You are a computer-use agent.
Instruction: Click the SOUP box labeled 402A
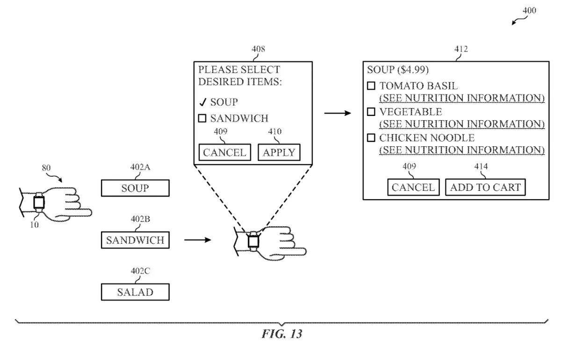point(135,188)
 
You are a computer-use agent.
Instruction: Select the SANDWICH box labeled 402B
point(135,240)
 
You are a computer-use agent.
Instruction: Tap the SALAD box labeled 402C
point(135,292)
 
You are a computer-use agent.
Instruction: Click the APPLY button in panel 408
point(279,152)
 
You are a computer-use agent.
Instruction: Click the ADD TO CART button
point(485,187)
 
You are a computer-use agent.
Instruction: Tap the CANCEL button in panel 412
point(413,187)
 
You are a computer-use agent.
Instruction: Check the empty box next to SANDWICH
point(202,118)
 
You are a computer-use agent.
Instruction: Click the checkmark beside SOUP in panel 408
point(202,102)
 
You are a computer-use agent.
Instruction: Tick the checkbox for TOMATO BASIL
point(371,86)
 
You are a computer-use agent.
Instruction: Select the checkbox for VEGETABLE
point(371,112)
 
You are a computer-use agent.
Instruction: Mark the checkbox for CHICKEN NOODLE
point(371,138)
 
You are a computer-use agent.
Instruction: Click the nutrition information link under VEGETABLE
point(462,124)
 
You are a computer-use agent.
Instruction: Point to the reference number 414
point(482,166)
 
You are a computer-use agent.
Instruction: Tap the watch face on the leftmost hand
point(39,202)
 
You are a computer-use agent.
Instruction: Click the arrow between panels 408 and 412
point(338,113)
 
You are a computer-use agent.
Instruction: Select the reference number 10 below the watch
point(35,224)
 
